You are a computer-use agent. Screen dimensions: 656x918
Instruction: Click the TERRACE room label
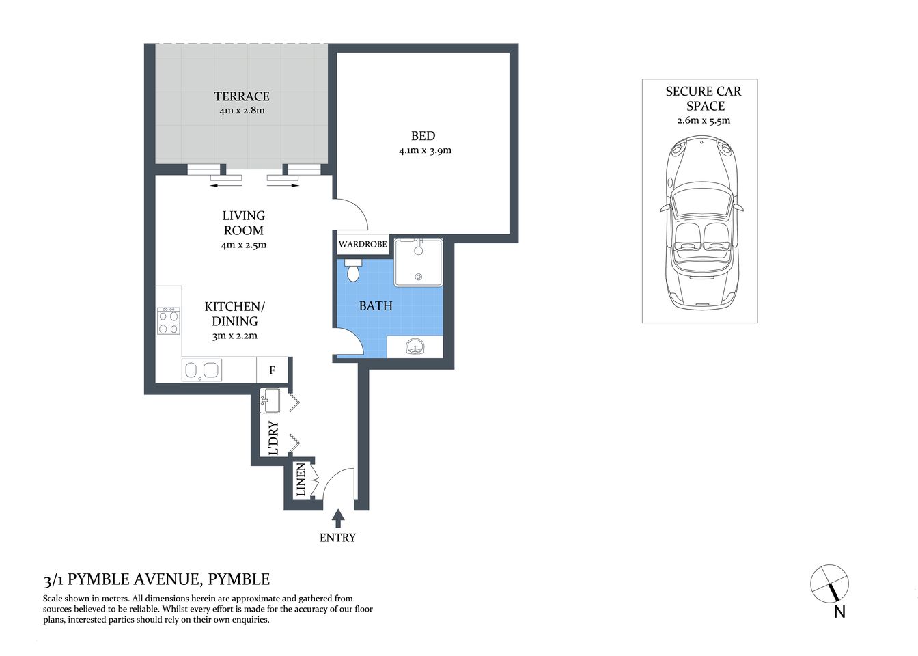coord(241,96)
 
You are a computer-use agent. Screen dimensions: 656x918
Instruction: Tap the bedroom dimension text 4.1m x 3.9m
coord(425,150)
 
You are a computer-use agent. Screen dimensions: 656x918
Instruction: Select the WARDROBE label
coord(363,244)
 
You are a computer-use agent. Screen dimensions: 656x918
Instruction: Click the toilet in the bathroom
coord(353,271)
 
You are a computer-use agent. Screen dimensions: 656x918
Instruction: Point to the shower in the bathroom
coord(418,262)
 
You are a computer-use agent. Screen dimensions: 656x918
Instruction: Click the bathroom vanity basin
coord(415,347)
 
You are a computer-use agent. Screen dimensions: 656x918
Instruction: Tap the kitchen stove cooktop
coord(169,321)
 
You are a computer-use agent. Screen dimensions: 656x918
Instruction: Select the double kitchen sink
coord(201,370)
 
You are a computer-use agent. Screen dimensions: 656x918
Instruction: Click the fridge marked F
coord(272,370)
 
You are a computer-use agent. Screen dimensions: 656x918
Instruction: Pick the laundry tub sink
coord(270,400)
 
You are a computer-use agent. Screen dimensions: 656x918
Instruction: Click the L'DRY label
coord(274,438)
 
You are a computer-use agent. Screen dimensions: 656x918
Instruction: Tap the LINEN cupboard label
coord(301,480)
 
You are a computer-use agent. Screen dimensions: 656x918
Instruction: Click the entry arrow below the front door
coord(337,518)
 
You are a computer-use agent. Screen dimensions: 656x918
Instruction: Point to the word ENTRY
coord(337,538)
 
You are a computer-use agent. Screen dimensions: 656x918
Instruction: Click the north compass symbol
coord(830,585)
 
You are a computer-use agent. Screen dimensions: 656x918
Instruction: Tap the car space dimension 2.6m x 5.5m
coord(704,121)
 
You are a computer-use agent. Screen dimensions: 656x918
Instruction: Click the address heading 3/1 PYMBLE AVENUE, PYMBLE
coord(156,579)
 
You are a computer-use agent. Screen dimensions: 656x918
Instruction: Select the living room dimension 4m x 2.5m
coord(244,245)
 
